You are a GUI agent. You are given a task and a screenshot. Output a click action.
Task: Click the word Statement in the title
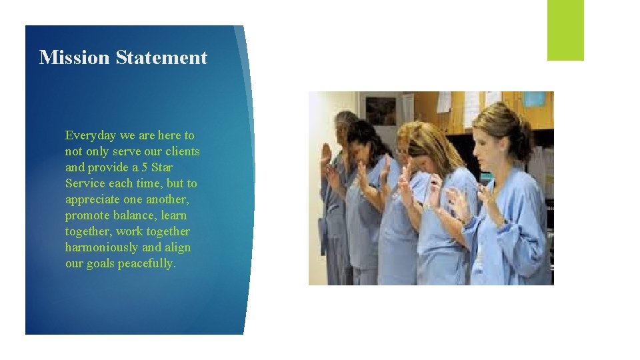click(161, 57)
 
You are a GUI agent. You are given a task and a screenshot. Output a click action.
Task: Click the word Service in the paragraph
click(85, 183)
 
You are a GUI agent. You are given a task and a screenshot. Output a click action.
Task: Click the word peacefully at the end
click(147, 263)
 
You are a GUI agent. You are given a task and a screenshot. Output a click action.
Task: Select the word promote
click(87, 215)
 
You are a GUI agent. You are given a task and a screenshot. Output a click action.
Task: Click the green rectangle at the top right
click(565, 30)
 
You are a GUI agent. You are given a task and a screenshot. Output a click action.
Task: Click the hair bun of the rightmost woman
click(524, 127)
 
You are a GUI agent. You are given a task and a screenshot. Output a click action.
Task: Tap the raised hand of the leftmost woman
click(326, 155)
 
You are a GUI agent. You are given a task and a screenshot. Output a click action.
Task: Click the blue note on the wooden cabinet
click(534, 99)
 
